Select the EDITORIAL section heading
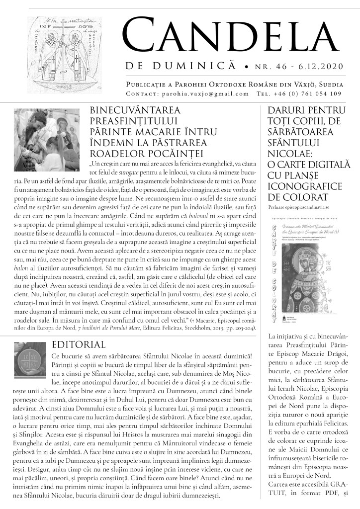pos(79,344)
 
